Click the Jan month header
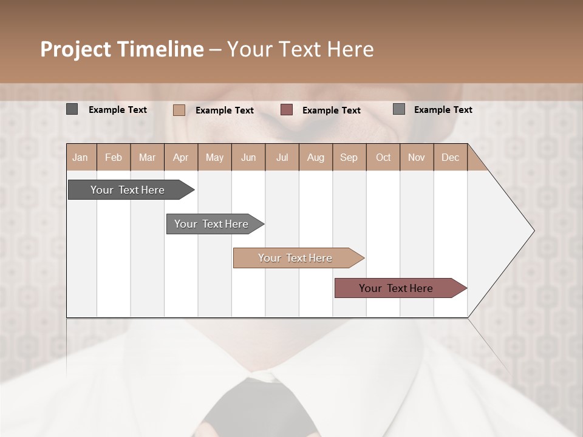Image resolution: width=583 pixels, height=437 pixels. (80, 157)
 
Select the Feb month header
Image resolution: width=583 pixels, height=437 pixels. (114, 157)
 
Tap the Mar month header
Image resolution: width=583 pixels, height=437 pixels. (147, 157)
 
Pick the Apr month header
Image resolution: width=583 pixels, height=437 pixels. (180, 157)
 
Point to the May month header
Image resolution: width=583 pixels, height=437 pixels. (214, 157)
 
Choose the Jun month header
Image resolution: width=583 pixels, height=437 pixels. (248, 157)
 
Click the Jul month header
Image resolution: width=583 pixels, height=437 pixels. (282, 157)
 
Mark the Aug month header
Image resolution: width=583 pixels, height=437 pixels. (315, 157)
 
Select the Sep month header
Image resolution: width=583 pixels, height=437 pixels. (349, 157)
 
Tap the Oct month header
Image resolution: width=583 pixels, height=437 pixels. (383, 157)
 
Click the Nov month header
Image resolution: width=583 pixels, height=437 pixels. (417, 157)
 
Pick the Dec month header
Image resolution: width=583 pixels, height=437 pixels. (450, 157)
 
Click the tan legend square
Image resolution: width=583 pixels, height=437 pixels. (179, 110)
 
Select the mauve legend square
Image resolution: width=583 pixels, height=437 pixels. (287, 110)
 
